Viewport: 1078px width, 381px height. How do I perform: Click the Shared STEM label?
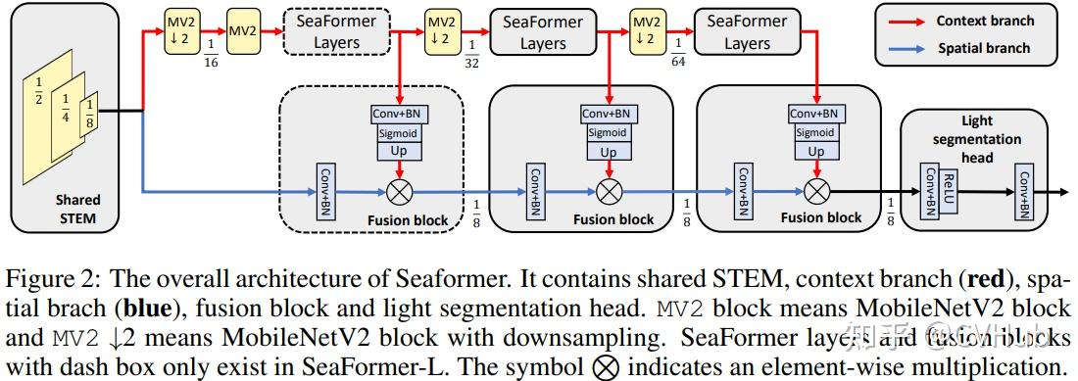(76, 208)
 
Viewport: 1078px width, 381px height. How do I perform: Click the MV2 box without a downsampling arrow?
(242, 32)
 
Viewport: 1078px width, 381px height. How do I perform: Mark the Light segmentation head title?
(977, 139)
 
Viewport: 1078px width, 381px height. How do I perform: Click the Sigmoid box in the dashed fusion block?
(400, 132)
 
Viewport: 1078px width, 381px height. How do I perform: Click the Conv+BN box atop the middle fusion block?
(609, 114)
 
